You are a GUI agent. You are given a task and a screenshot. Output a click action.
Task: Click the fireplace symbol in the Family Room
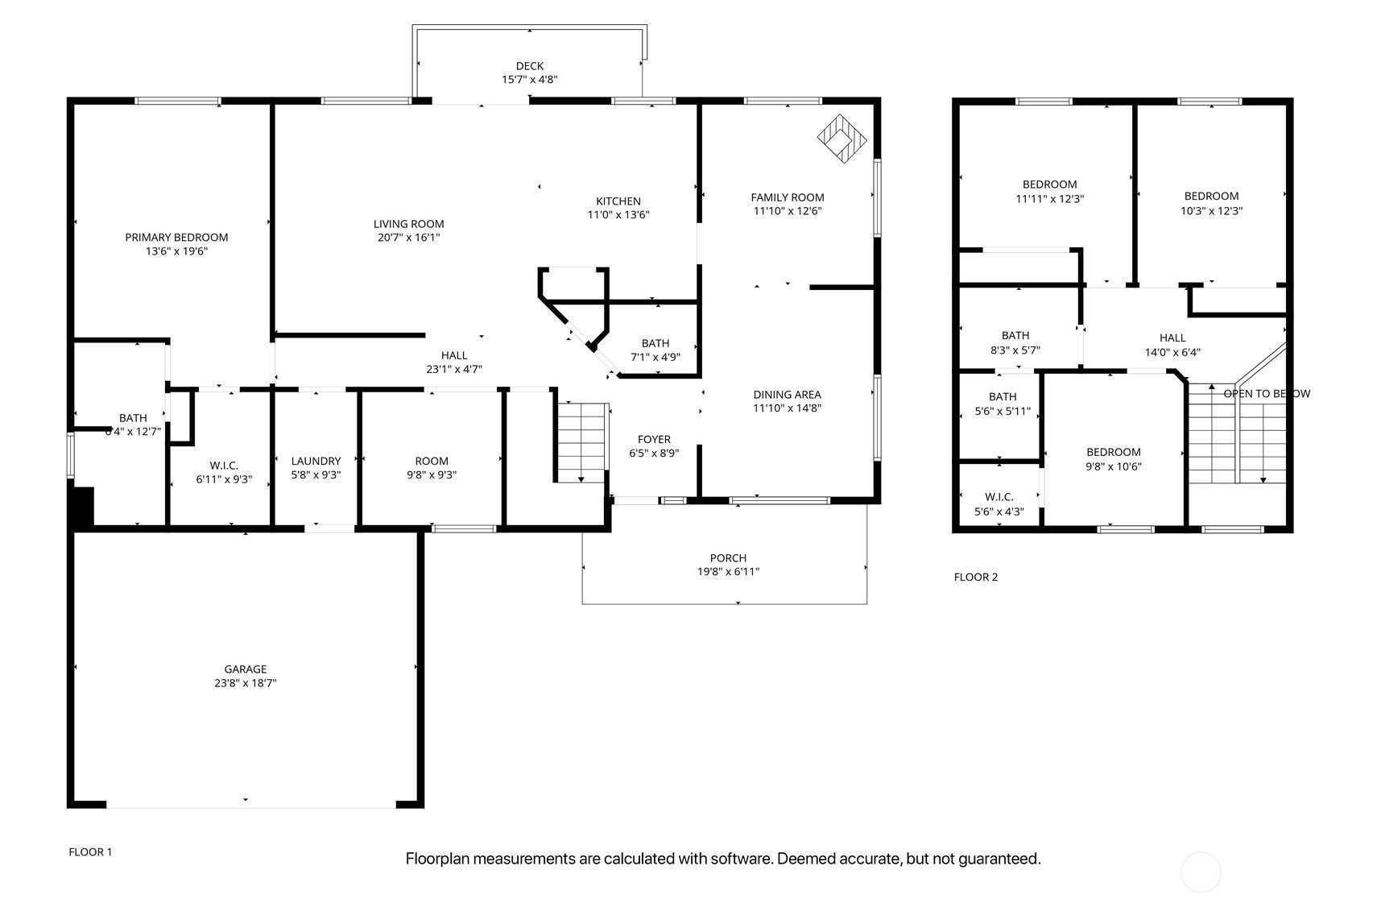pos(841,139)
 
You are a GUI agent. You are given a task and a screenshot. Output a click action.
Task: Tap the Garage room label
pos(246,669)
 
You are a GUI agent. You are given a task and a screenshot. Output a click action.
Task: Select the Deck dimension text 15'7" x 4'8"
pos(530,80)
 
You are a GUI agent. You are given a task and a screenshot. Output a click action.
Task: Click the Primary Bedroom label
pos(176,238)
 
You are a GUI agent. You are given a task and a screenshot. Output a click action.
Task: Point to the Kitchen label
pos(618,201)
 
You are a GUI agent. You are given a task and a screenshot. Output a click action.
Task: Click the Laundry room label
pos(316,461)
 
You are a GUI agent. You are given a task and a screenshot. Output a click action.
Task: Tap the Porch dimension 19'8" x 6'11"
pos(729,571)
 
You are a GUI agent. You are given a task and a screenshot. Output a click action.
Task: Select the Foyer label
pos(654,439)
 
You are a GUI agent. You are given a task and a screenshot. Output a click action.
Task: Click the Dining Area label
pos(788,394)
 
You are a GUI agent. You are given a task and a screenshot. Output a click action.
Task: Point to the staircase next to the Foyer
pos(582,443)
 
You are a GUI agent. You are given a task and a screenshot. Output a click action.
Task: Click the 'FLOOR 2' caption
pos(976,577)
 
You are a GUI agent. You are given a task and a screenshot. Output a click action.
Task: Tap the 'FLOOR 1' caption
pos(90,852)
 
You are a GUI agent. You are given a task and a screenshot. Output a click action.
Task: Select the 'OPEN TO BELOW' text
pos(1267,394)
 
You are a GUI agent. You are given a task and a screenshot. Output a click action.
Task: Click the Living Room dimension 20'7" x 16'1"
pos(409,238)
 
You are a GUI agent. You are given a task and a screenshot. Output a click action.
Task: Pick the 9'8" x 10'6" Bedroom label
pos(1114,452)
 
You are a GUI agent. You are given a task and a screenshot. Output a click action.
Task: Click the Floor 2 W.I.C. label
pos(999,496)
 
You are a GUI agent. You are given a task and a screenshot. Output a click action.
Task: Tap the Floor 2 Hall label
pos(1172,338)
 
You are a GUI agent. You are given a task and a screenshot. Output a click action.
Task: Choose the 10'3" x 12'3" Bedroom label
pos(1212,197)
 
